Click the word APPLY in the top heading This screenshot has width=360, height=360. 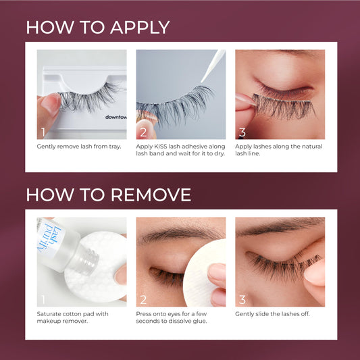[140, 28]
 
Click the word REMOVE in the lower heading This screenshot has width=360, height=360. [151, 195]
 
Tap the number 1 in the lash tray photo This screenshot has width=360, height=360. [43, 132]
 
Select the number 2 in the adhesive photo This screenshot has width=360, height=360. [143, 132]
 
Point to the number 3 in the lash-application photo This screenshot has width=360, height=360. [242, 132]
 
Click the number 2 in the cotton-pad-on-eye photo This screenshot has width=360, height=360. [143, 300]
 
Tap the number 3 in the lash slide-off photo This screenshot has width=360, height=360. [242, 300]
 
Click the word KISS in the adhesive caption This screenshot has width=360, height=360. [161, 147]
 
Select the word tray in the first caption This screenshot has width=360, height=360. [115, 147]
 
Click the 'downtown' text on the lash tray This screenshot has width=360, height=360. [116, 117]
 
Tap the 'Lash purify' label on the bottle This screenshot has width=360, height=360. [50, 238]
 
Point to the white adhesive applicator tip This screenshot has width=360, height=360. [213, 66]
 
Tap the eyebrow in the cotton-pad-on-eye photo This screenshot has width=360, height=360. [179, 234]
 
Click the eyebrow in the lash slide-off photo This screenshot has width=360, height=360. [280, 226]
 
